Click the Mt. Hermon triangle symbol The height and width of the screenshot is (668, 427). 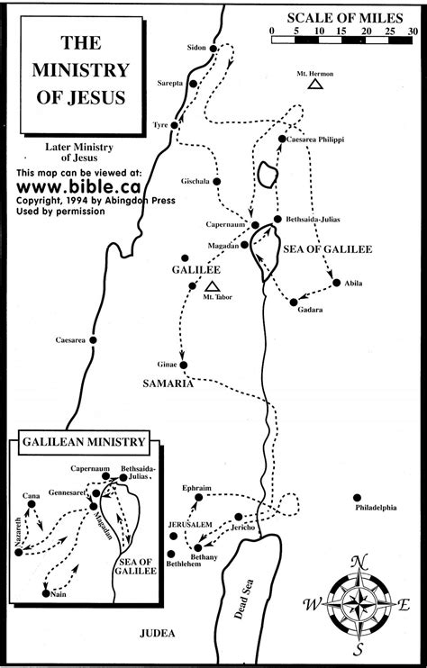(314, 84)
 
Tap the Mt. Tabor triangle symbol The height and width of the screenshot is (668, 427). (213, 285)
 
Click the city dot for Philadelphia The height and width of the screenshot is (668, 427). (358, 498)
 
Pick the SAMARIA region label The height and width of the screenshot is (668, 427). (168, 383)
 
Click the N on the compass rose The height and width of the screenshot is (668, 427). (359, 562)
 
